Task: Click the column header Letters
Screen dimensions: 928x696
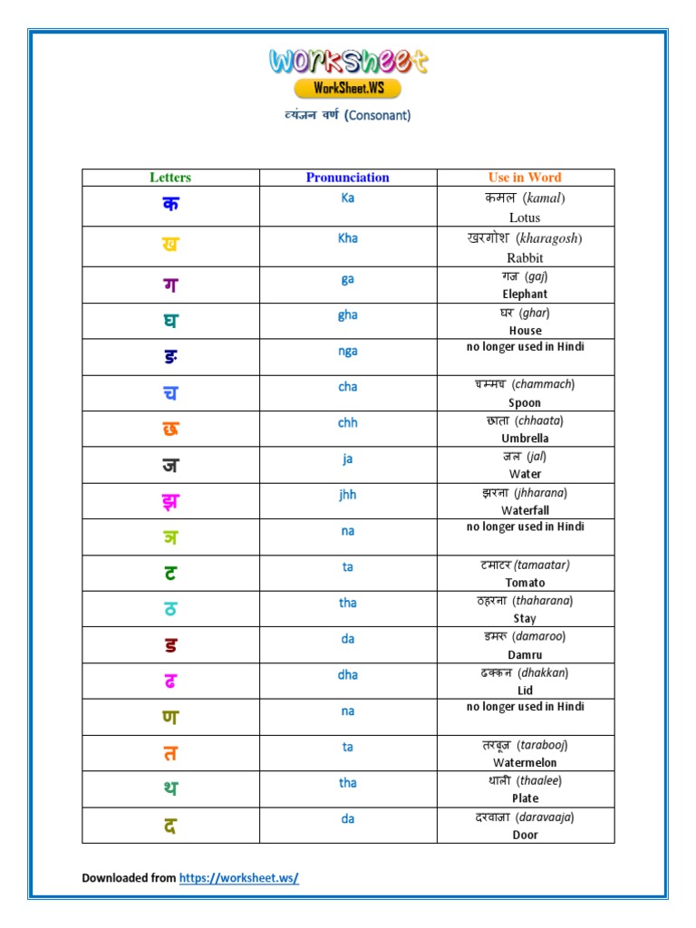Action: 170,178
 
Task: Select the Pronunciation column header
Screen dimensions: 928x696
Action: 348,178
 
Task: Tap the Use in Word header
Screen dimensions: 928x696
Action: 525,178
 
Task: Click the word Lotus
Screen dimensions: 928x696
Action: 525,217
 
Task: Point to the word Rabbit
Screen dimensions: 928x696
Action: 525,257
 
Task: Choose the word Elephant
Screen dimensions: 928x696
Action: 525,295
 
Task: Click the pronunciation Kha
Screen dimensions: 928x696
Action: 348,237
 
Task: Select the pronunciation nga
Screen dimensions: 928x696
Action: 348,351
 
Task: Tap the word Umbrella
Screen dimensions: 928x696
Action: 525,439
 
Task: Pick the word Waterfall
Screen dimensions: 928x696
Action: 525,511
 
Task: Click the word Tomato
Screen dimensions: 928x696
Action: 525,583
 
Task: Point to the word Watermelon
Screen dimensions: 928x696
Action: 525,763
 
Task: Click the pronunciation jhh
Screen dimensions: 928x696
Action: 348,495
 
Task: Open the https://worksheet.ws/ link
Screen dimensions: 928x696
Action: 238,878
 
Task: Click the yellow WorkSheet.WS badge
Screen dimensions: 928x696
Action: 347,88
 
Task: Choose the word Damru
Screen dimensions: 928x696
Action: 525,654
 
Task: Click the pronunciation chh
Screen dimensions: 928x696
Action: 348,422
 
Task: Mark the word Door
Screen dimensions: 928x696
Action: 525,835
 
